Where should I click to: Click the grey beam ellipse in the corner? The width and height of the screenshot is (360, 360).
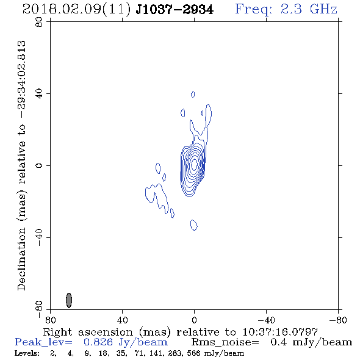[x=69, y=300]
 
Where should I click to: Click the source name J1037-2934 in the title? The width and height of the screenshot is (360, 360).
[x=175, y=10]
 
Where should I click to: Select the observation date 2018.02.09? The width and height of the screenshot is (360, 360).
[x=62, y=10]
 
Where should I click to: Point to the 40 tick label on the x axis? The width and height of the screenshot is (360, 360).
[x=122, y=320]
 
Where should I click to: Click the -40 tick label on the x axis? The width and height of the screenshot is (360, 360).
[x=266, y=320]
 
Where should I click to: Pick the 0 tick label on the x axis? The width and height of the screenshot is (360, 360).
[x=194, y=320]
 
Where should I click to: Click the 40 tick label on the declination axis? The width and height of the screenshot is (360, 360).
[x=39, y=94]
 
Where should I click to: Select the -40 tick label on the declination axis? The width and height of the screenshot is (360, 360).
[x=39, y=237]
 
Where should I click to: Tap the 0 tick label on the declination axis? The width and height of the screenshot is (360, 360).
[x=39, y=165]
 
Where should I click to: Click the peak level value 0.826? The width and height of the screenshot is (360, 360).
[x=98, y=342]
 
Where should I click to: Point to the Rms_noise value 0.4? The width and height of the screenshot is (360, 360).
[x=279, y=342]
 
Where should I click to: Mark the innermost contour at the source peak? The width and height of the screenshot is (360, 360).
[x=195, y=164]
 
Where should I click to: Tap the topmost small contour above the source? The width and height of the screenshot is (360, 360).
[x=193, y=95]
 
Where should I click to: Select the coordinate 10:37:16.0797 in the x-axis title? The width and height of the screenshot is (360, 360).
[x=280, y=332]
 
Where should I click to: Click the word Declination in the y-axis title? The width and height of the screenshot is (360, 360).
[x=21, y=259]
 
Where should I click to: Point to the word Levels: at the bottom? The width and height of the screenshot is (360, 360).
[x=27, y=353]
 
